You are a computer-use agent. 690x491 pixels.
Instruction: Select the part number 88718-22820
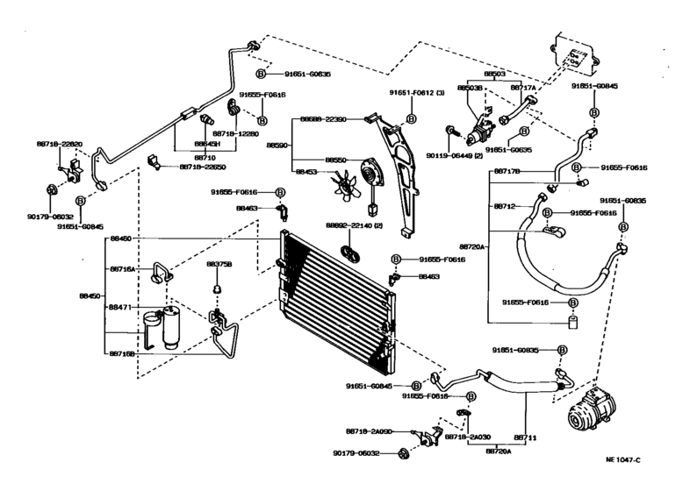tap(61, 144)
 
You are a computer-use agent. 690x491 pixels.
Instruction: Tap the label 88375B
tap(219, 263)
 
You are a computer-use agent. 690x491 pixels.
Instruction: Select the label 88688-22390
tap(323, 119)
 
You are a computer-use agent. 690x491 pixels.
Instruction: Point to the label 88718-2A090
tap(368, 431)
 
